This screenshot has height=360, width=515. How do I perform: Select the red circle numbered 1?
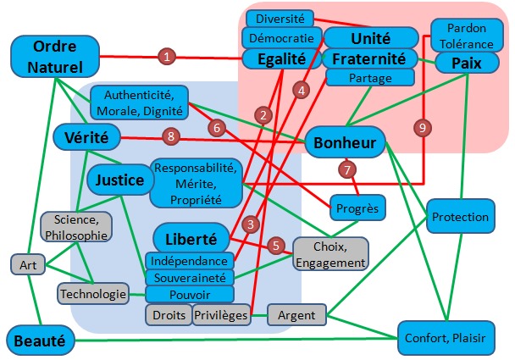point(168,57)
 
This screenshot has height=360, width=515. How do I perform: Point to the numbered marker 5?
point(275,246)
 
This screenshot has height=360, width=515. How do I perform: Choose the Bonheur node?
point(345,141)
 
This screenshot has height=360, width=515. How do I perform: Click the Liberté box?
point(192,238)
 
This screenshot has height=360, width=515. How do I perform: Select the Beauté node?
point(38,341)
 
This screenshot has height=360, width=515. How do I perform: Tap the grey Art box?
point(28,264)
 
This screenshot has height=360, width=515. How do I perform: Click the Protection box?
point(460,217)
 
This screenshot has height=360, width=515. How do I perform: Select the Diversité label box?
point(280,18)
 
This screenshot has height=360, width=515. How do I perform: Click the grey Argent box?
point(296,315)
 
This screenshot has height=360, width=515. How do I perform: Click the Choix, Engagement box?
point(330,253)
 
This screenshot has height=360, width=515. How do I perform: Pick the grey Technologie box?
point(93,294)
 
